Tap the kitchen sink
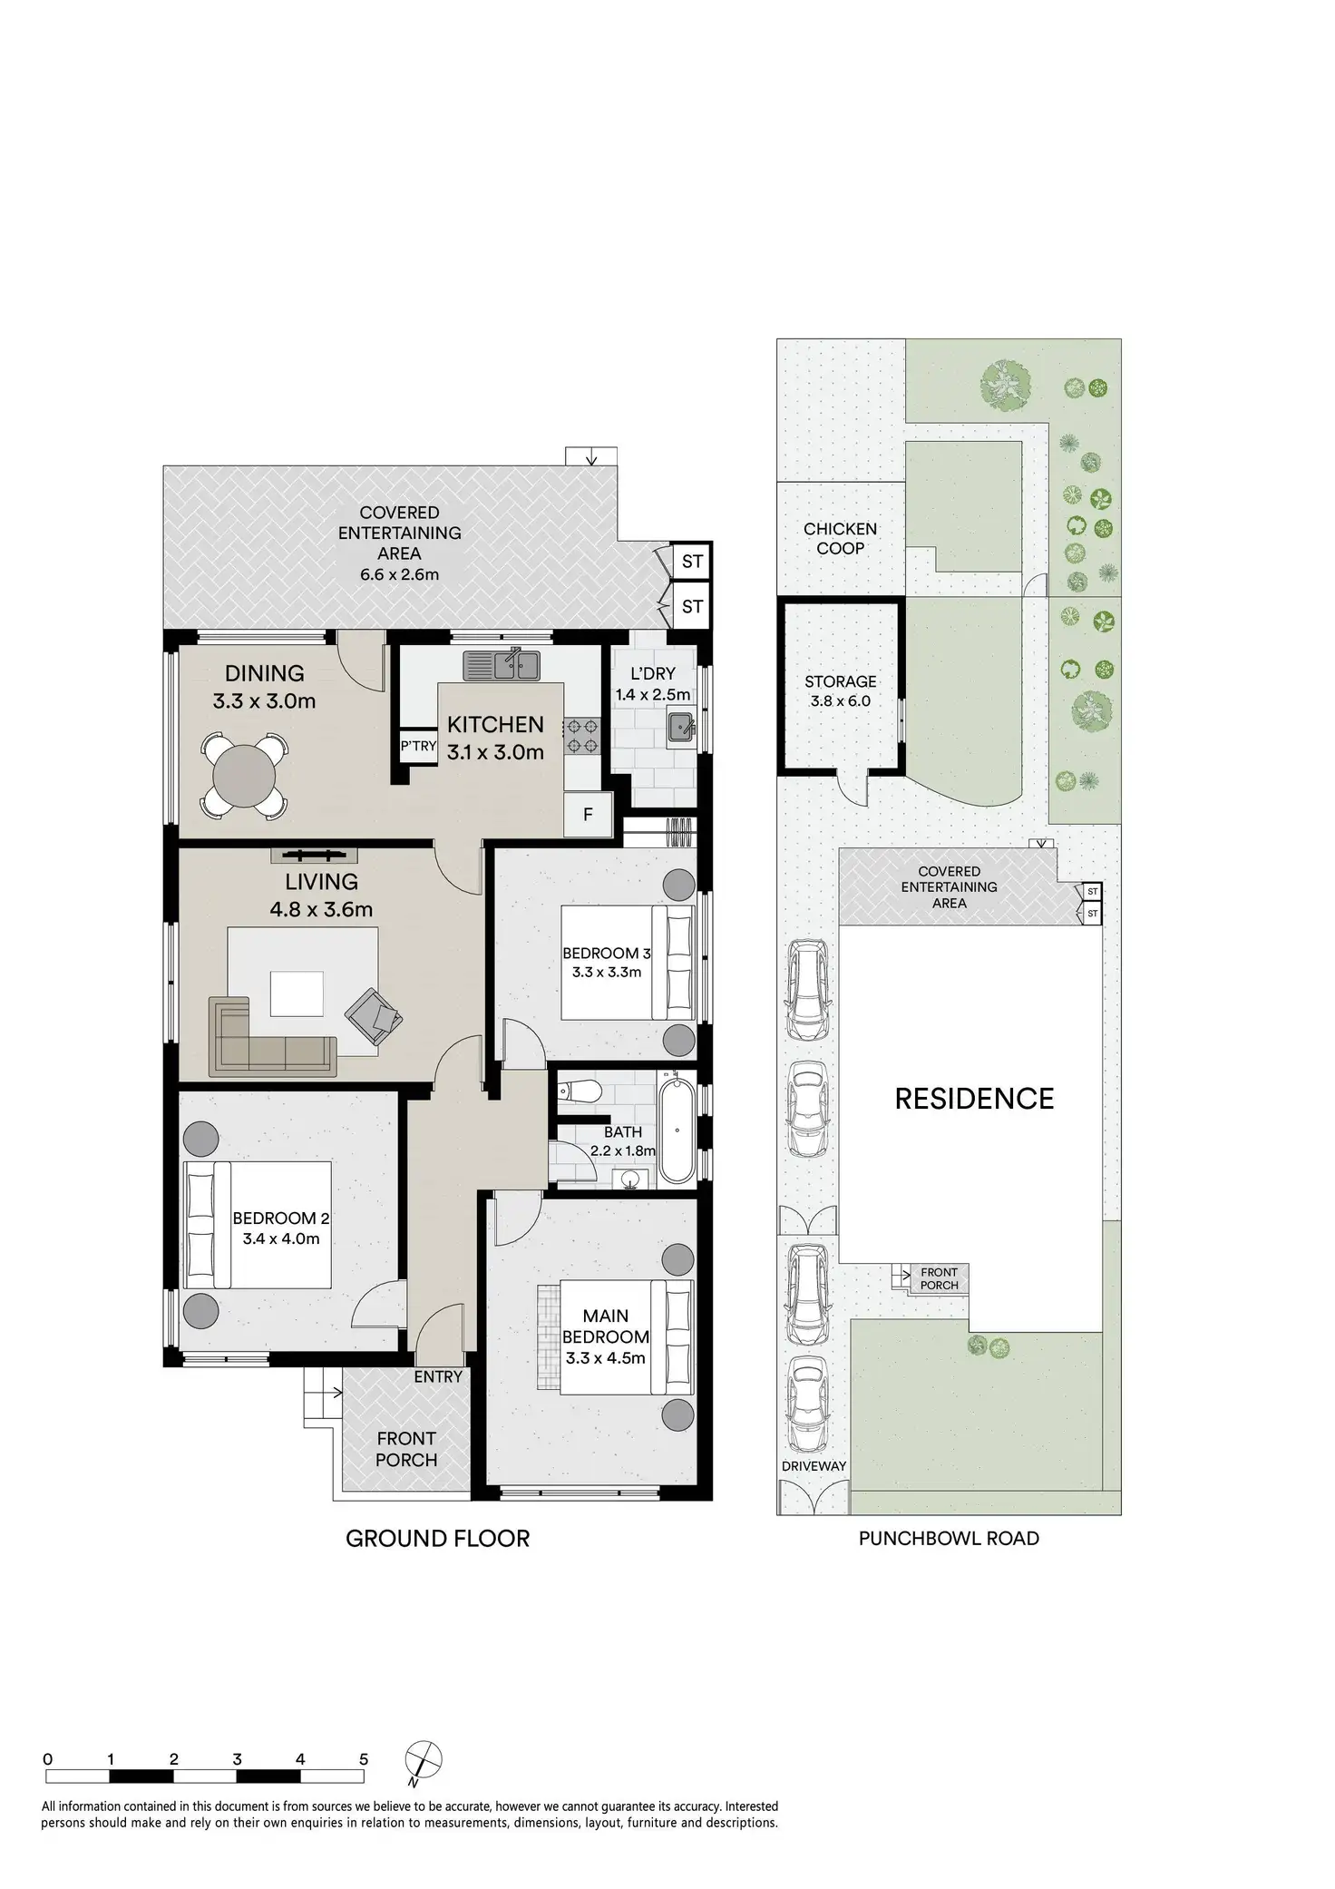[x=502, y=665]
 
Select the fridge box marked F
[x=588, y=814]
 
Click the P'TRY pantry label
[x=418, y=746]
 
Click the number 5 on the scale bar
[x=364, y=1758]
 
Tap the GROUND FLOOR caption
[x=437, y=1538]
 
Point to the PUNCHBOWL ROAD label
[x=949, y=1538]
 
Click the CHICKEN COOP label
[x=840, y=538]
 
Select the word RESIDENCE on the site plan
[x=974, y=1099]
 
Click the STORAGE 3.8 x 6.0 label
[x=840, y=690]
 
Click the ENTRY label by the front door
[x=438, y=1376]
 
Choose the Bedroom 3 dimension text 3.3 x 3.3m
[x=606, y=972]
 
